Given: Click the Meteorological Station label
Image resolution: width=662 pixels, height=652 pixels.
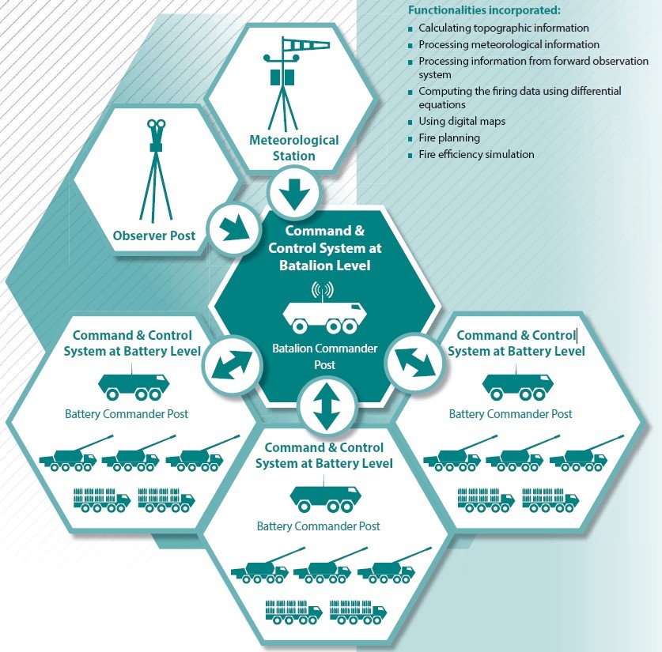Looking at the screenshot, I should pos(293,148).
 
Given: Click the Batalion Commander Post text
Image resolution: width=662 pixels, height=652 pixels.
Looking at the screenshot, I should pos(324,356).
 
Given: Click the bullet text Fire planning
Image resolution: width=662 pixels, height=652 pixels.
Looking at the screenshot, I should pos(449,138).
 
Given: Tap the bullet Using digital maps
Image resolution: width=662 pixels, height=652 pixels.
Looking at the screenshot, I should pos(462,122).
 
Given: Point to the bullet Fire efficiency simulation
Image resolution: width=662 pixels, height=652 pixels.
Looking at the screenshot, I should pos(476,155).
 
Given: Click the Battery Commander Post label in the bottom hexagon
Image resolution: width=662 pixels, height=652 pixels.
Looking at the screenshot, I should pos(318,526).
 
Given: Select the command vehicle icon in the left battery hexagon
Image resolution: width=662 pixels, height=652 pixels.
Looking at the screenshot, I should pos(134,386).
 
